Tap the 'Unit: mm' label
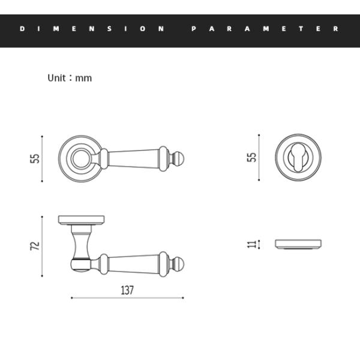(x=70, y=78)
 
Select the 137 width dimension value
(x=127, y=290)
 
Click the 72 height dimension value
(x=34, y=245)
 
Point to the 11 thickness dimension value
(x=252, y=244)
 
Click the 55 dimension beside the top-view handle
(x=34, y=158)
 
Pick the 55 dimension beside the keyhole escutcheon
(x=252, y=158)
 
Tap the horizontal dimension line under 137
(x=127, y=298)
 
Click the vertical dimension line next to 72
(x=43, y=246)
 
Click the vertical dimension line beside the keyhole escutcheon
(x=260, y=158)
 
